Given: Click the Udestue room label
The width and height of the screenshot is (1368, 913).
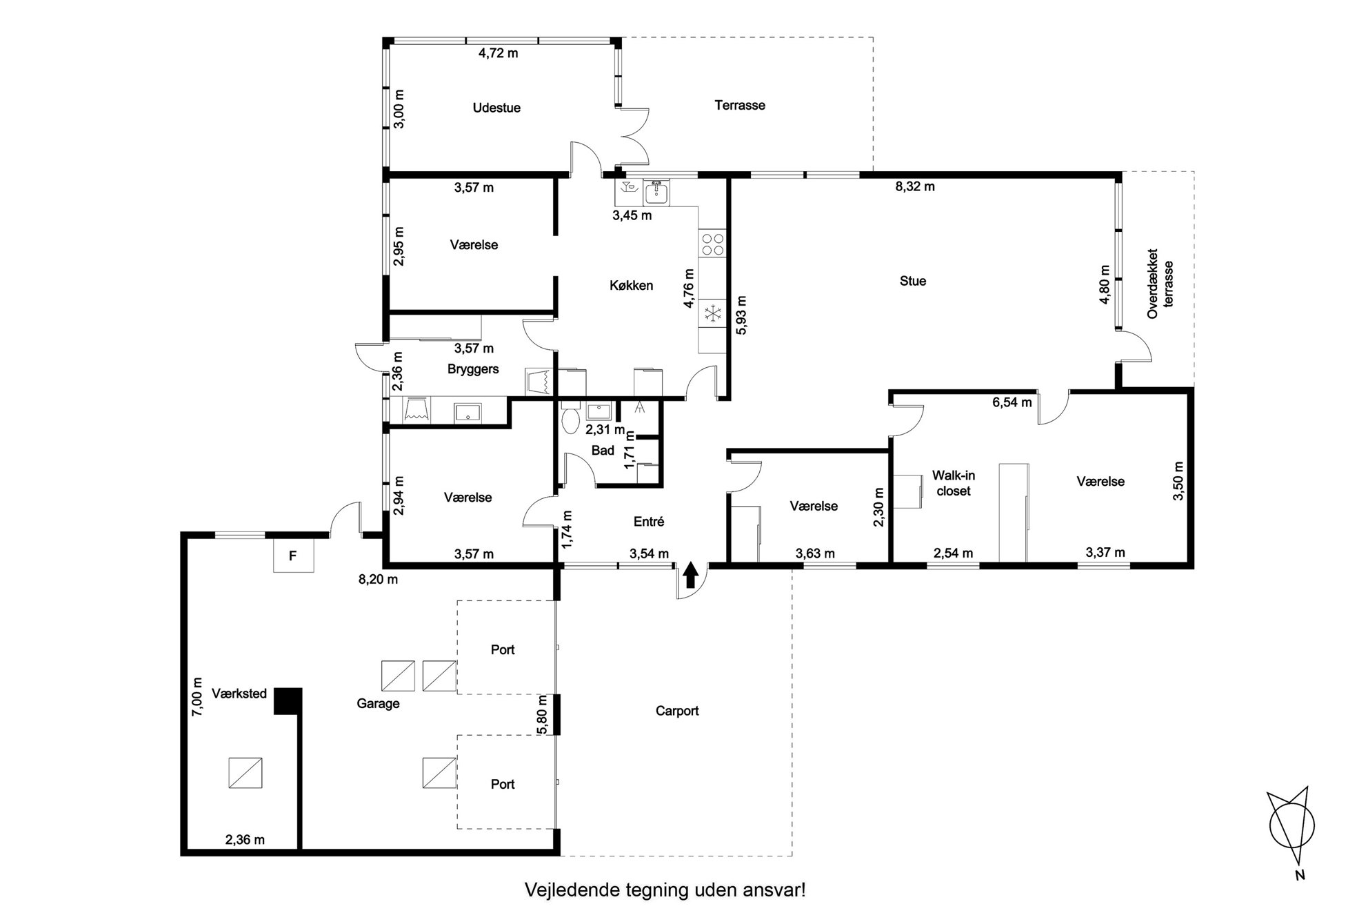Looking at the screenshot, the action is pyautogui.click(x=496, y=108).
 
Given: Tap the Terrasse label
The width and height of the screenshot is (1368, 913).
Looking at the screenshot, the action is pyautogui.click(x=740, y=106).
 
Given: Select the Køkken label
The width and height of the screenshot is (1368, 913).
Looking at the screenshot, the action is pyautogui.click(x=631, y=286).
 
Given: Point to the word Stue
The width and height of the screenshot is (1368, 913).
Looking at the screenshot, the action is pyautogui.click(x=913, y=281).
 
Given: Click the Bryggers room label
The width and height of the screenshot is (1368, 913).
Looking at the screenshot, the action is pyautogui.click(x=473, y=369).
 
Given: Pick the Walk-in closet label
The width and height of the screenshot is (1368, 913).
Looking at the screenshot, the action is pyautogui.click(x=954, y=483).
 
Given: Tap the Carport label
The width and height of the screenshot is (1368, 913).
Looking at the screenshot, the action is pyautogui.click(x=677, y=711).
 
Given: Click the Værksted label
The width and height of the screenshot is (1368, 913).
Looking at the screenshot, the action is pyautogui.click(x=239, y=694).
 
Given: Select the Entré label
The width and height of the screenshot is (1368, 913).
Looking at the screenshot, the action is pyautogui.click(x=649, y=522).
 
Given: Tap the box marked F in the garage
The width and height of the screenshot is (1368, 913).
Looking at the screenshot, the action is pyautogui.click(x=293, y=556).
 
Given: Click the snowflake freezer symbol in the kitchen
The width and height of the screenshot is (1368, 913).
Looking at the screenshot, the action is pyautogui.click(x=712, y=315).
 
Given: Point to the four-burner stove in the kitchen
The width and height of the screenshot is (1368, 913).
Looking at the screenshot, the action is pyautogui.click(x=712, y=244).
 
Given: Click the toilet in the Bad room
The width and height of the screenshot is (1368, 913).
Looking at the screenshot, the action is pyautogui.click(x=570, y=418).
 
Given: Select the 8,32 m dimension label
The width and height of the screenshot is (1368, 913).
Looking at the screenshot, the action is pyautogui.click(x=915, y=187).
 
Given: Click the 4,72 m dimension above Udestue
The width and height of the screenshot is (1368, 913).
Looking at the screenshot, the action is pyautogui.click(x=499, y=53).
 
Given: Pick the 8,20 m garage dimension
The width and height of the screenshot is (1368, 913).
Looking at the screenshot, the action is pyautogui.click(x=378, y=580).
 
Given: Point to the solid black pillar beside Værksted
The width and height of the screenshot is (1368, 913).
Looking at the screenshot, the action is pyautogui.click(x=288, y=701).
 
